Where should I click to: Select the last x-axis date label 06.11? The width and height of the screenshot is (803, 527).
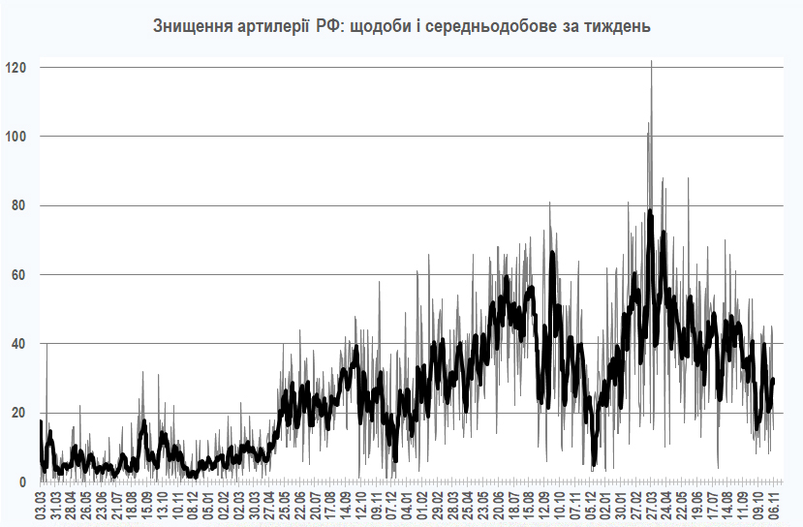tap(775, 505)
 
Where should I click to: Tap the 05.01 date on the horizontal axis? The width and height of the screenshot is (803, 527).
tap(207, 505)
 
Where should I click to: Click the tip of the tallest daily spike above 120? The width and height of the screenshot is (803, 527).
tap(651, 61)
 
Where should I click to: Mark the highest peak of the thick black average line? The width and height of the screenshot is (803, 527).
tap(651, 210)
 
